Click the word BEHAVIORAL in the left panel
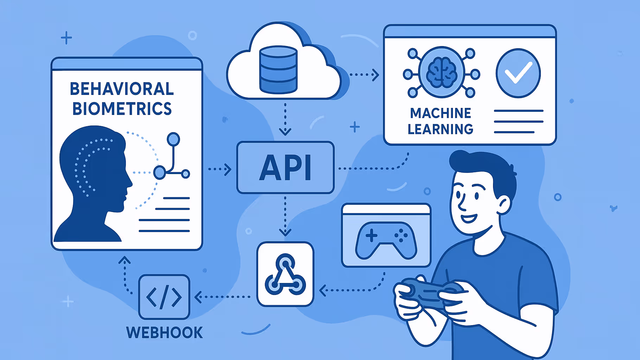(122, 89)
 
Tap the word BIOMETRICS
(122, 109)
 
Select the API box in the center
(285, 168)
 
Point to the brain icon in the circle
(442, 72)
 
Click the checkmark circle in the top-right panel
(518, 73)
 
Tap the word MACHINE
(440, 113)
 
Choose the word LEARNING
(440, 129)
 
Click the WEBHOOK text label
(164, 333)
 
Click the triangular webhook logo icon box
(285, 274)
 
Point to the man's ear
(504, 205)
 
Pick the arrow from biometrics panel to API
(219, 169)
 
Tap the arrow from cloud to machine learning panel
(364, 75)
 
